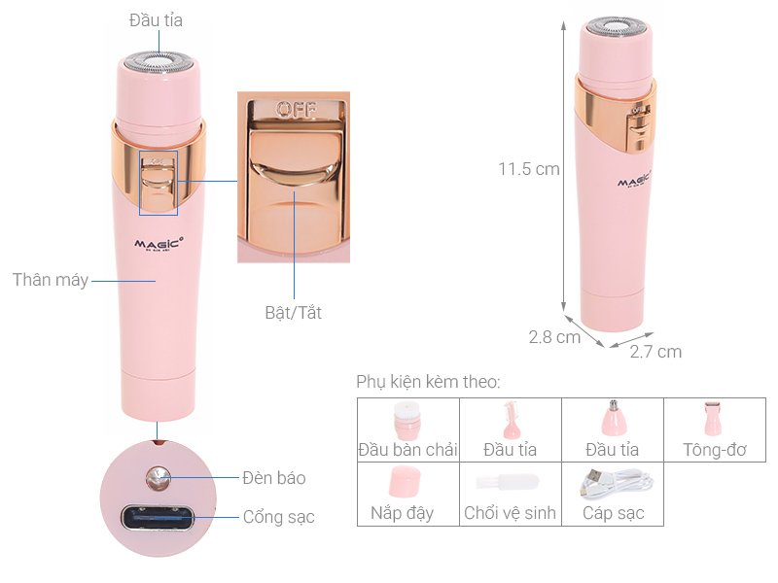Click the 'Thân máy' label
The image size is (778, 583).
(x=50, y=280)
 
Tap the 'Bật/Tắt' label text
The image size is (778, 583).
(x=293, y=313)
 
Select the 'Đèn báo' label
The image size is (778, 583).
(x=273, y=477)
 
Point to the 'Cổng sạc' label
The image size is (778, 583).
(x=278, y=517)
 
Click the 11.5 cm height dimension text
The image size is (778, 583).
(x=529, y=168)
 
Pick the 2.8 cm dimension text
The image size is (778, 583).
(x=554, y=337)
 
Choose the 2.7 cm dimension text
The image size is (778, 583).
(x=655, y=352)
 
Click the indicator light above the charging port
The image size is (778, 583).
(x=155, y=476)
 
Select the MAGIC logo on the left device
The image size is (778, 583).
(x=153, y=243)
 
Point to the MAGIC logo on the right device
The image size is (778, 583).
(x=633, y=181)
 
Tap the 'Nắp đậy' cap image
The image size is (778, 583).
(x=406, y=482)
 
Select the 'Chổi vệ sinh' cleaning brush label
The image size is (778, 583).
(x=510, y=513)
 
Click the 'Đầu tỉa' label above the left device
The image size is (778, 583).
(x=156, y=19)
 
